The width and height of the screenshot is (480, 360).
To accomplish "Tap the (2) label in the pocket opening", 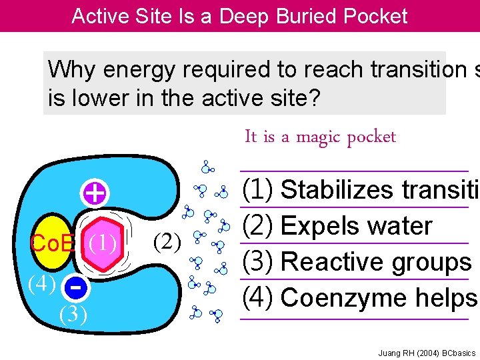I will coord(167,239).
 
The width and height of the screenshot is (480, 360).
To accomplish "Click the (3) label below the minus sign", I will coord(73,312).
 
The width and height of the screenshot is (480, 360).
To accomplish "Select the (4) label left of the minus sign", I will coord(41,283).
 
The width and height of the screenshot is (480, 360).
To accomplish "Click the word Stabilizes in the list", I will coord(337,190).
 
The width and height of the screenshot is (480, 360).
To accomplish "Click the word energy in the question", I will coord(147,69).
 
